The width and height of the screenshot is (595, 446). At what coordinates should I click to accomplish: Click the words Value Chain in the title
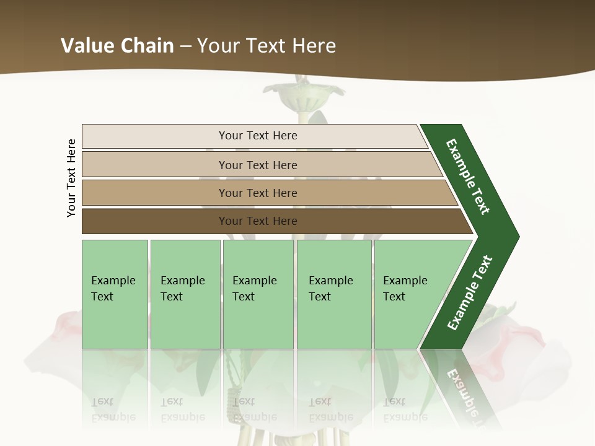pyautogui.click(x=117, y=46)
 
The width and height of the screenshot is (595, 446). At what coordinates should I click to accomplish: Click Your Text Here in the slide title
pyautogui.click(x=267, y=46)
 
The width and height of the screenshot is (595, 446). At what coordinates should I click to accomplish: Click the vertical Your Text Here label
pyautogui.click(x=71, y=178)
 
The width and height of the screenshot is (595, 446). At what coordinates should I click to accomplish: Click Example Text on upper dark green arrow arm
pyautogui.click(x=468, y=177)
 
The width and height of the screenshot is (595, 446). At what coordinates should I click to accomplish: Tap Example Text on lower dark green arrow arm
pyautogui.click(x=469, y=293)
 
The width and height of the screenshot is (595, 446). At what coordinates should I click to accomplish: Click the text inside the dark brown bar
pyautogui.click(x=258, y=221)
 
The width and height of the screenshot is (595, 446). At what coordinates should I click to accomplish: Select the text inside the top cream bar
pyautogui.click(x=258, y=136)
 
